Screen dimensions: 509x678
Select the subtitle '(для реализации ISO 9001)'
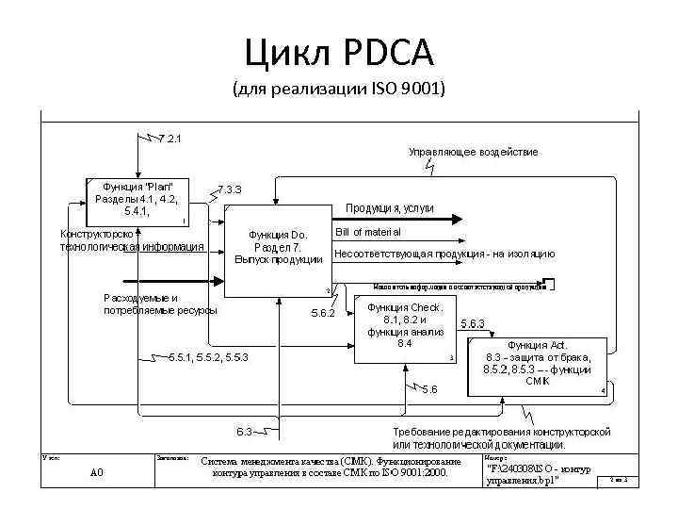(x=339, y=90)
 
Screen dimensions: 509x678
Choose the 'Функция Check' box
(x=405, y=326)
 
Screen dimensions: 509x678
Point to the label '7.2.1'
(x=170, y=140)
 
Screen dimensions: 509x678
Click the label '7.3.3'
(x=230, y=189)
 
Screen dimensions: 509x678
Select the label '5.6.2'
(x=323, y=312)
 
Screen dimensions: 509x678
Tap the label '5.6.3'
(x=472, y=323)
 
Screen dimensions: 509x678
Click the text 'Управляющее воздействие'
(x=473, y=152)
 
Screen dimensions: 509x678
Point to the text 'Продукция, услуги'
(x=389, y=208)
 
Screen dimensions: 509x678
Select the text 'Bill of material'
(x=368, y=232)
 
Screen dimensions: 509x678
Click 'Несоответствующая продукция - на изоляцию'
(x=444, y=254)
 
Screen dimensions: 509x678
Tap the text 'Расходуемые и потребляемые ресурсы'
(x=160, y=304)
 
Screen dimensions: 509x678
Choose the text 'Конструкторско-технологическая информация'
(x=131, y=240)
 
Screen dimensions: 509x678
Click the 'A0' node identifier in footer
(x=96, y=472)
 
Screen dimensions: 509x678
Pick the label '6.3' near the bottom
(x=244, y=432)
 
